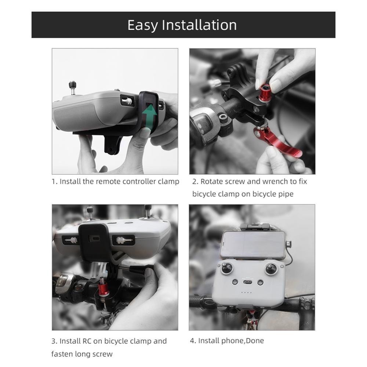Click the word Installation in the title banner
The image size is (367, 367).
click(x=199, y=25)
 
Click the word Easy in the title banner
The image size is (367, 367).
click(x=142, y=25)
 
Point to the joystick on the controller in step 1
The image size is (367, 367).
click(x=73, y=88)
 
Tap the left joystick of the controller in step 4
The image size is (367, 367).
click(x=226, y=268)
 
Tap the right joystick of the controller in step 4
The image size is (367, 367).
click(x=271, y=269)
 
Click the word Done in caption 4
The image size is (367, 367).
click(x=255, y=341)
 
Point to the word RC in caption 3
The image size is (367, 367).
click(x=87, y=341)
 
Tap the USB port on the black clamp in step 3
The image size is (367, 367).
click(x=94, y=239)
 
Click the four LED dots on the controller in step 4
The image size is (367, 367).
click(x=247, y=292)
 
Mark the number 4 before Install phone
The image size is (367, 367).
click(x=192, y=341)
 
